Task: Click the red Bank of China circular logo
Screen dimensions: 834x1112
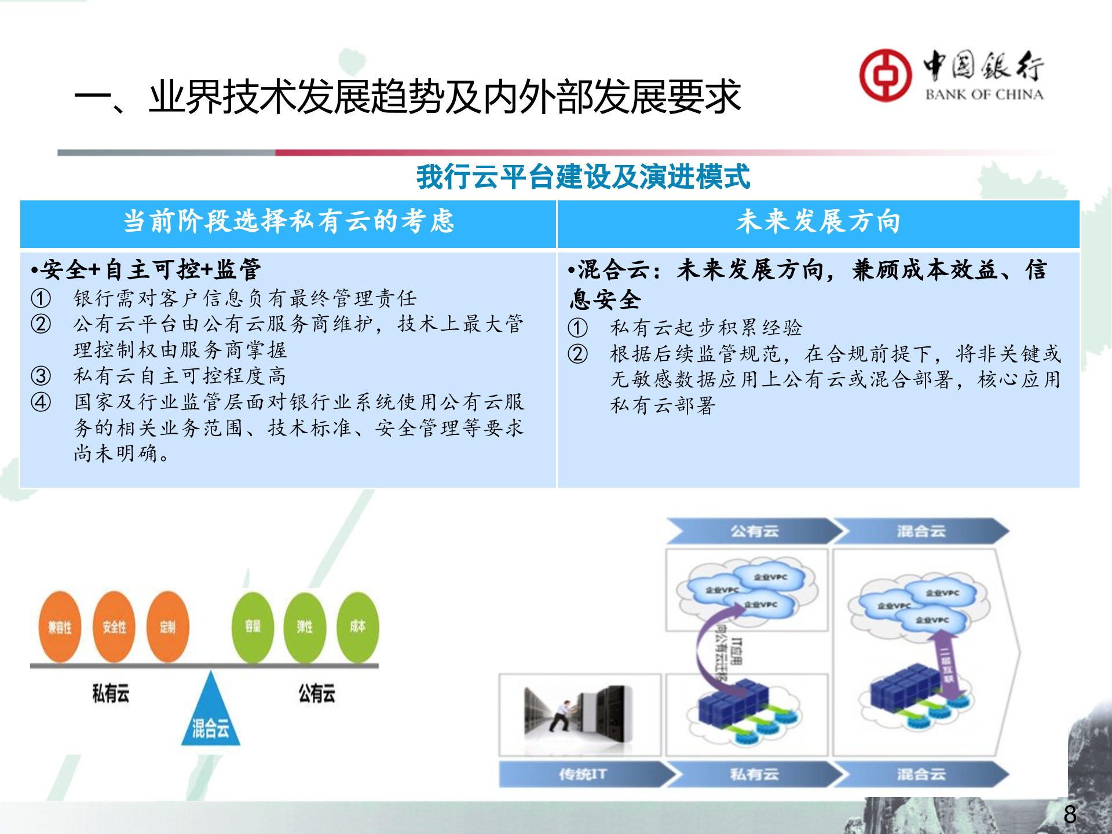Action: [x=884, y=75]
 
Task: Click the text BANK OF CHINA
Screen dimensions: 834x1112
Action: [x=984, y=94]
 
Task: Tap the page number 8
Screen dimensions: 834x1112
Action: [x=1070, y=814]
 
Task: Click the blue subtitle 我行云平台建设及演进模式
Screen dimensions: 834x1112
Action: [x=583, y=177]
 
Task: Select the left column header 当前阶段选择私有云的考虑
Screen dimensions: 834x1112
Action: [x=288, y=222]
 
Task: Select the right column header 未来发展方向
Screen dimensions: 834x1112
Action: [x=818, y=222]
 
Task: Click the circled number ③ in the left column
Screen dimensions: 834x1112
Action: [x=41, y=376]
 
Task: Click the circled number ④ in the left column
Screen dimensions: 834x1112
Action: [x=41, y=402]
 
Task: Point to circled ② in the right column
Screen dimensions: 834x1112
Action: [x=577, y=354]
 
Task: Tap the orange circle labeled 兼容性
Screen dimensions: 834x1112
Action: [x=60, y=627]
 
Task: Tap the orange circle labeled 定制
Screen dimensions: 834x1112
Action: [x=167, y=627]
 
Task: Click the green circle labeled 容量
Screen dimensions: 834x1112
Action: [x=253, y=627]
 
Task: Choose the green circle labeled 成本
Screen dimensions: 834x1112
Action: [x=357, y=627]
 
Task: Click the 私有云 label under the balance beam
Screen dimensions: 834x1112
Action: [x=111, y=693]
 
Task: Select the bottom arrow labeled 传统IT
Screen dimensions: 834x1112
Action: [x=582, y=774]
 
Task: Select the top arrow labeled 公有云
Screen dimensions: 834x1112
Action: [x=753, y=531]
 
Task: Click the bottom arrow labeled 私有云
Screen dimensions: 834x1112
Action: [x=753, y=774]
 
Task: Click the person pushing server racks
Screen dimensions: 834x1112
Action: [x=562, y=715]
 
